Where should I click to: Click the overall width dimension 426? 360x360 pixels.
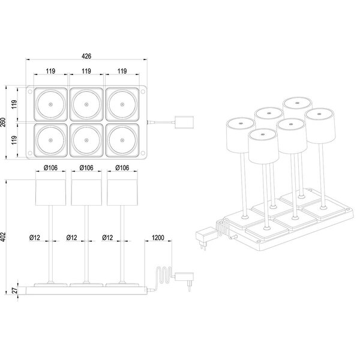tap(87, 57)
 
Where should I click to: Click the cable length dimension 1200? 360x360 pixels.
tap(158, 238)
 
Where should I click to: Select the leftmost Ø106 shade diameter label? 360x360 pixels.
tap(50, 167)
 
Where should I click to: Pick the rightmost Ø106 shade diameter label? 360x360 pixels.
tap(122, 167)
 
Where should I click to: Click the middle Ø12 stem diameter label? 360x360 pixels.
tap(73, 238)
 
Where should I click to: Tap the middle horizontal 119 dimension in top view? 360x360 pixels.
tap(86, 71)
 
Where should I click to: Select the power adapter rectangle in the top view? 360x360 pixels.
tap(183, 122)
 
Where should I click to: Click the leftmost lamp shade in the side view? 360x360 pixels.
tap(50, 191)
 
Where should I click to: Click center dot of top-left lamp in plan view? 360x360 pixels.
tap(50, 104)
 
